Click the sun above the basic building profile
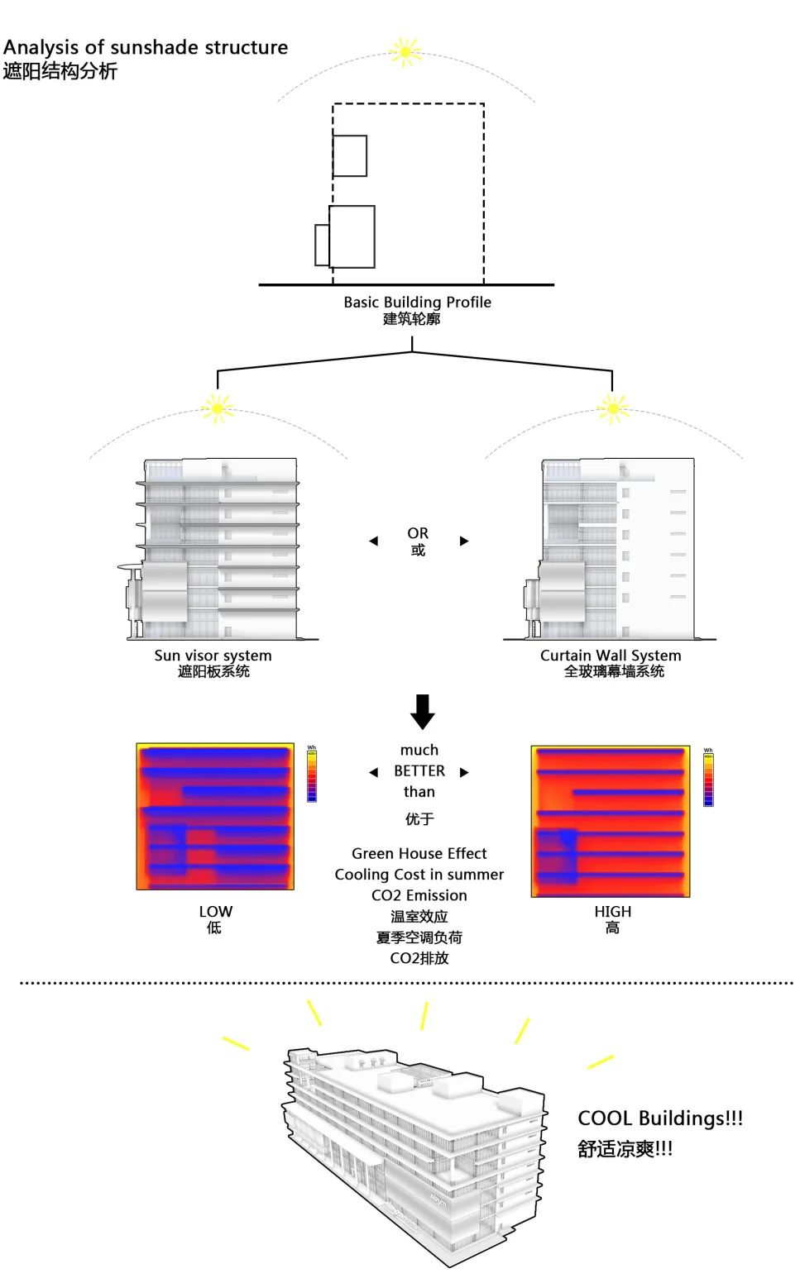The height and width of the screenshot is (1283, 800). coord(405,52)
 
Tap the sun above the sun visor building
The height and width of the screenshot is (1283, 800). coord(218,408)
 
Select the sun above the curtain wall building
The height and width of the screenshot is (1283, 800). coord(613,408)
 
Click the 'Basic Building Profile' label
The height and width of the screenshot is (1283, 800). coord(417,303)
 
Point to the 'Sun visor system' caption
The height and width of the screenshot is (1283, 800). coord(213,656)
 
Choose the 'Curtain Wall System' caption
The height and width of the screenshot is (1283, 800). coord(611,656)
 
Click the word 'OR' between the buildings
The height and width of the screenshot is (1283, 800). coord(418,533)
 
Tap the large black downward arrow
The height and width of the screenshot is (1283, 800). coord(422,711)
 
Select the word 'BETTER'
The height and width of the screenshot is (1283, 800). coord(419,771)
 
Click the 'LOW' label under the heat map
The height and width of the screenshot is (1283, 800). coord(215,911)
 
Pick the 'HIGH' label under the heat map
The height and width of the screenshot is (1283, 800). coord(612,911)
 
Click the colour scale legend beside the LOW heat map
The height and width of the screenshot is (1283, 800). coord(312,775)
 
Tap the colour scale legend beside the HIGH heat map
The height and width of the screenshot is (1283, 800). coord(708,779)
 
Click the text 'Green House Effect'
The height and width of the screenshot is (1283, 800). coord(419,853)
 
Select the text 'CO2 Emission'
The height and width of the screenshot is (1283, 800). coord(419,895)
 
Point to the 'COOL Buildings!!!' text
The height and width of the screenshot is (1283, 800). coord(659,1118)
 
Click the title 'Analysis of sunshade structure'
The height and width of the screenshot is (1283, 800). coord(146,48)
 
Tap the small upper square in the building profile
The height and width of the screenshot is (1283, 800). coord(350,155)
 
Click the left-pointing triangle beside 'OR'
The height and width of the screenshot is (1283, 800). coord(373,541)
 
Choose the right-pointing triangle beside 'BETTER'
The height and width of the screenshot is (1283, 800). coord(464,772)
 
